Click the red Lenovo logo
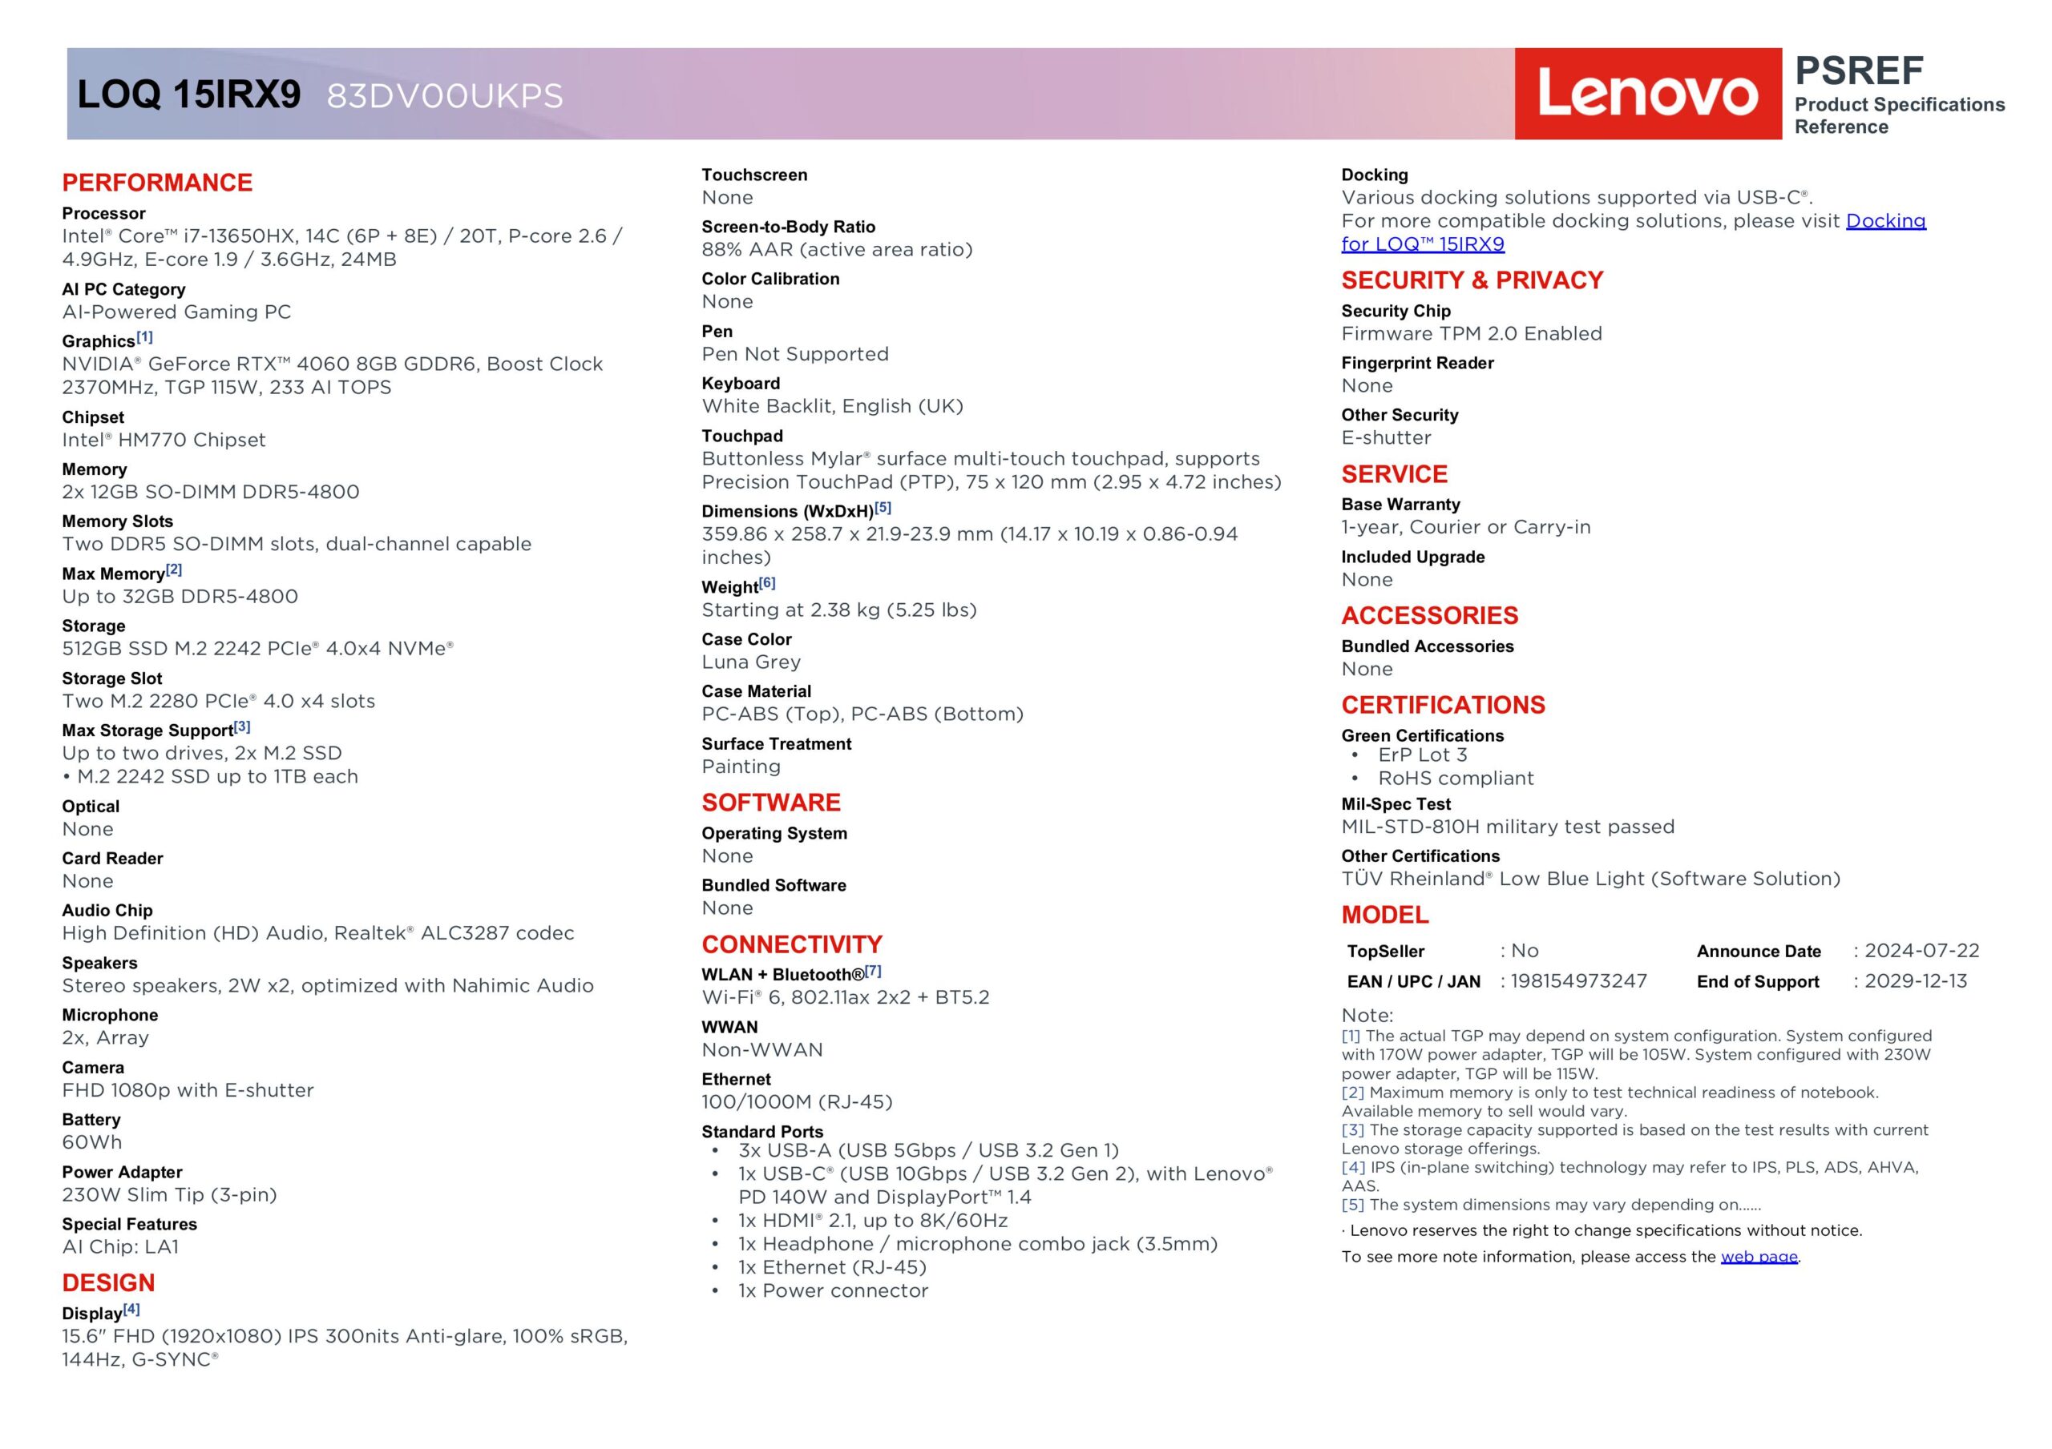[x=1647, y=94]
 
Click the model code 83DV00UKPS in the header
[x=444, y=96]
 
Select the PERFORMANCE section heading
[x=157, y=183]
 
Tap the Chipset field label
[x=93, y=417]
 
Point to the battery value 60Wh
[x=92, y=1141]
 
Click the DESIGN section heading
[x=108, y=1283]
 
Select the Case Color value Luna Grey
[x=751, y=662]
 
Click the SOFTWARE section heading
[x=770, y=803]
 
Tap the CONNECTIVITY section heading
[x=791, y=944]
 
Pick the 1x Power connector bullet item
[x=832, y=1291]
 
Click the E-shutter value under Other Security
[x=1385, y=437]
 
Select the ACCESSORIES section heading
[x=1429, y=615]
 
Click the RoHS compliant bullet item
[x=1455, y=778]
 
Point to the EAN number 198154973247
[x=1577, y=981]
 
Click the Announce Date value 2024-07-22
[x=1921, y=951]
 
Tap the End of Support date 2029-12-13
[x=1915, y=981]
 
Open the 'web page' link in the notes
[x=1758, y=1257]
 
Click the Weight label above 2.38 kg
[x=729, y=587]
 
